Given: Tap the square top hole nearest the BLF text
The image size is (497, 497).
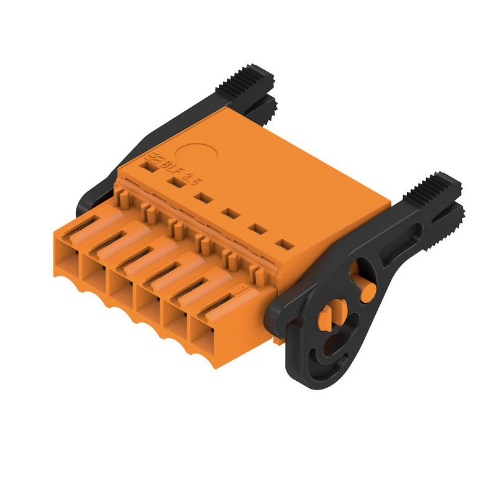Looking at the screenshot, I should tap(147, 166).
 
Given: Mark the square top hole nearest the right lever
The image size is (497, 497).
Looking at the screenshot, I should tap(283, 244).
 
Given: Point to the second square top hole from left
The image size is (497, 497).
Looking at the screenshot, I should tap(173, 182).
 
